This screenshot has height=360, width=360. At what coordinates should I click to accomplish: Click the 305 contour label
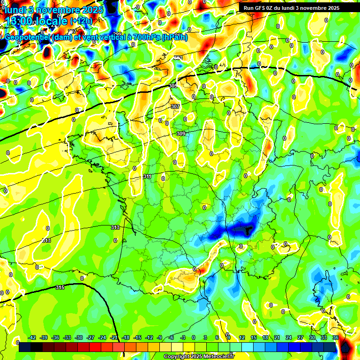pyautogui.click(x=173, y=86)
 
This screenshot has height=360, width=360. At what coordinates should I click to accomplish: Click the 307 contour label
pyautogui.click(x=175, y=106)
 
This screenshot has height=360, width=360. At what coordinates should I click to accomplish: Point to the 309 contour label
pyautogui.click(x=180, y=134)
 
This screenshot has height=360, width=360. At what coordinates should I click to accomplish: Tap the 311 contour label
pyautogui.click(x=147, y=176)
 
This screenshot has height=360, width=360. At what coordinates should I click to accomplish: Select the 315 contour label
pyautogui.click(x=60, y=287)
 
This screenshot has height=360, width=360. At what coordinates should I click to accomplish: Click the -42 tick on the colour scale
pyautogui.click(x=32, y=337)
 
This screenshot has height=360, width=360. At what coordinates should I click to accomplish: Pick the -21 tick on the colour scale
pyautogui.click(x=114, y=337)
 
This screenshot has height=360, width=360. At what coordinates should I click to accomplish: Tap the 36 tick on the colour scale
pyautogui.click(x=336, y=337)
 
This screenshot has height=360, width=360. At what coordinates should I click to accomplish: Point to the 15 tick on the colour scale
pyautogui.click(x=254, y=337)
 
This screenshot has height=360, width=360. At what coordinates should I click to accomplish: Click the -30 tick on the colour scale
pyautogui.click(x=79, y=337)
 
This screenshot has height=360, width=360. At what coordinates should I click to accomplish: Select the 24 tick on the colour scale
pyautogui.click(x=289, y=337)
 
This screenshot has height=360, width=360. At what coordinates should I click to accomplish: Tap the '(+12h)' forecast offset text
pyautogui.click(x=81, y=22)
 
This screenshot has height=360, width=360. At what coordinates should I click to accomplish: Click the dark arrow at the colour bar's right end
pyautogui.click(x=345, y=347)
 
